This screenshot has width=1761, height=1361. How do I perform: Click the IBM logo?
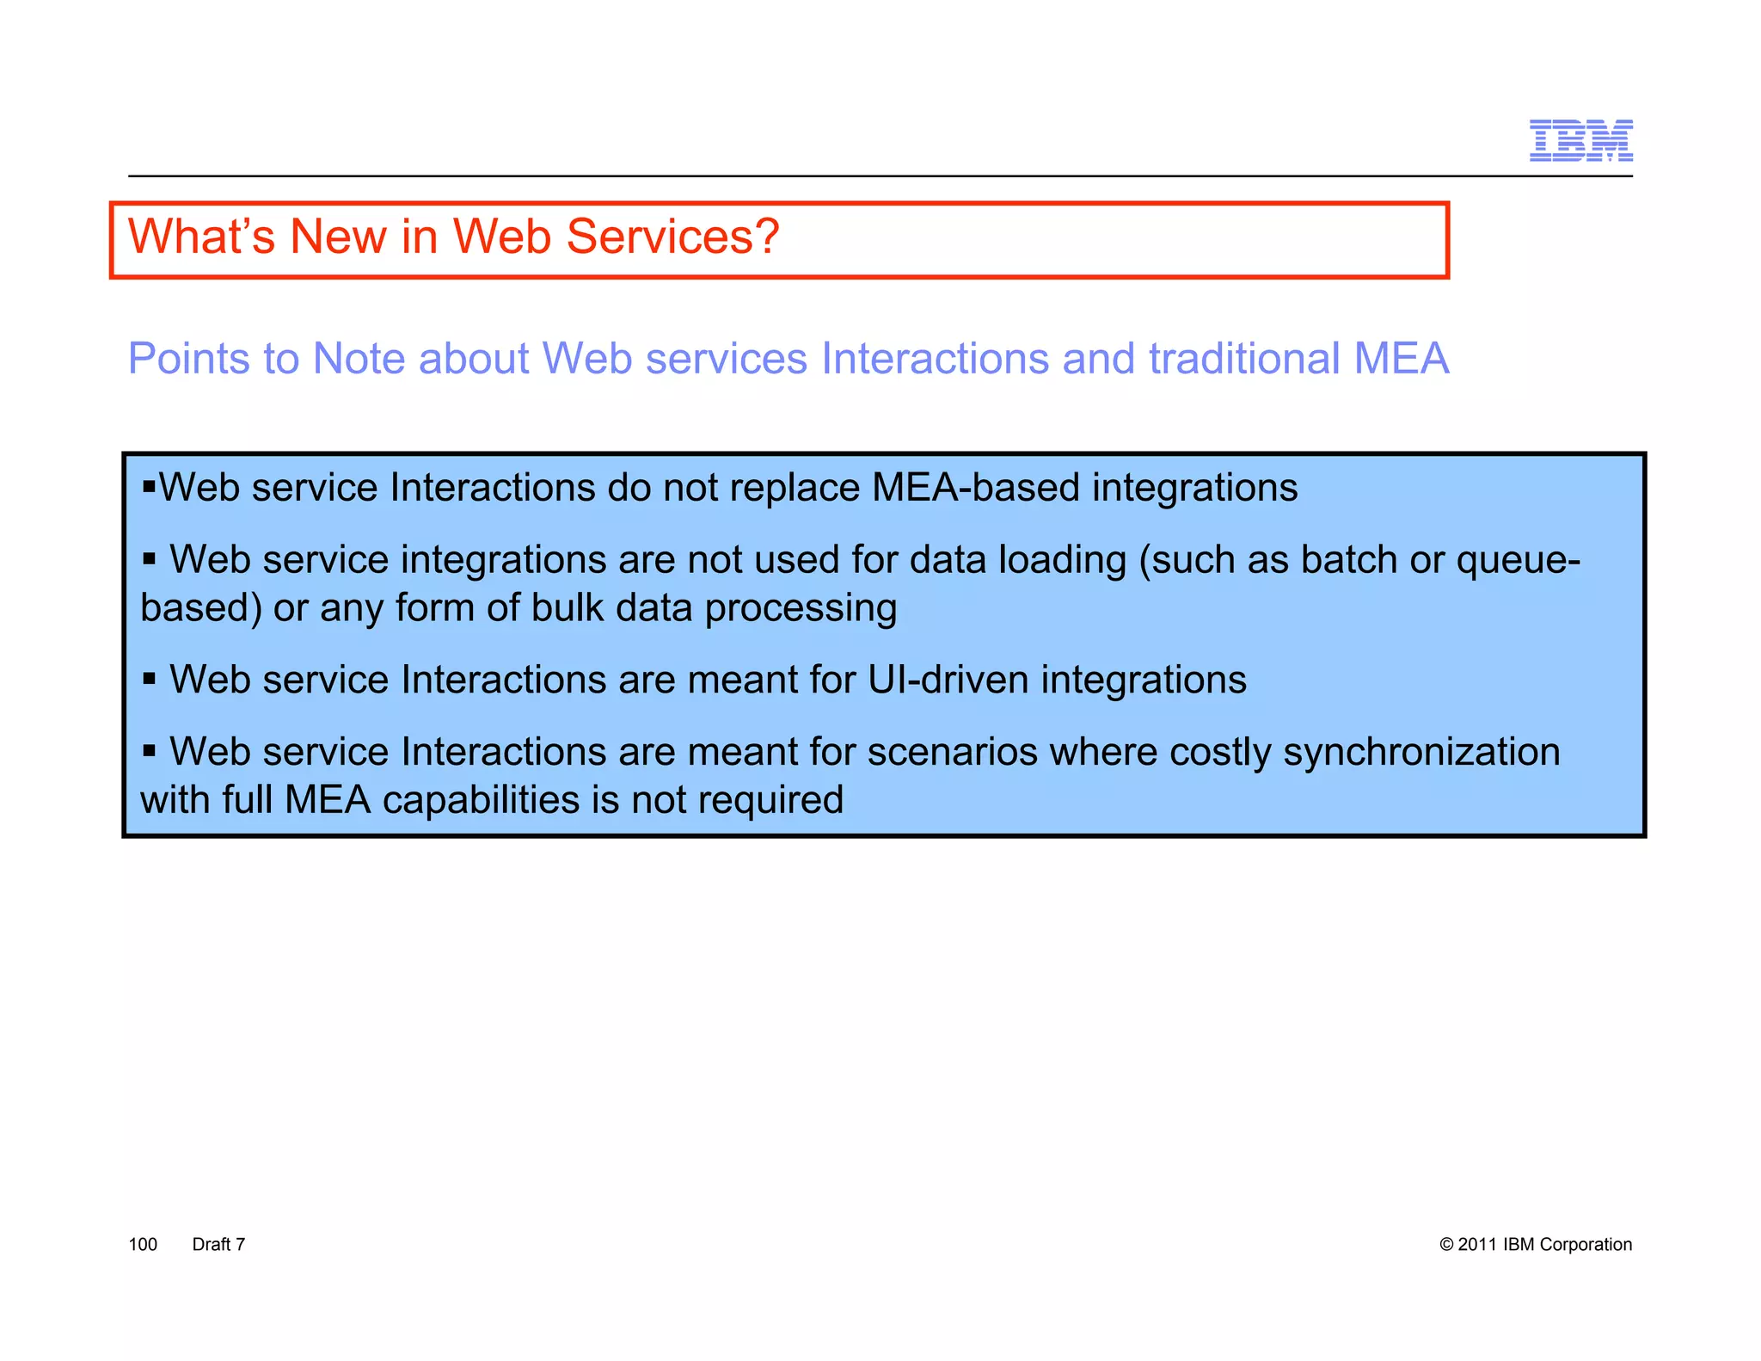[x=1580, y=140]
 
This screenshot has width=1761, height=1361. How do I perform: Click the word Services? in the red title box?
[x=672, y=237]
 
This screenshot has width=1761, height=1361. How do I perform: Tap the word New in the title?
[x=338, y=237]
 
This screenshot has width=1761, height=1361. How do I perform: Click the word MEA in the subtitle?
[x=1401, y=359]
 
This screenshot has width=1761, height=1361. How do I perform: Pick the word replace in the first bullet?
[x=794, y=489]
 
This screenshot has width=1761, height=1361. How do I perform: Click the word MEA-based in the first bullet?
[x=975, y=488]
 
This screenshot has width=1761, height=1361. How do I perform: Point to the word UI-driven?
[x=948, y=680]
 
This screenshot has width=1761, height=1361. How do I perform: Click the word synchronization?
[x=1421, y=752]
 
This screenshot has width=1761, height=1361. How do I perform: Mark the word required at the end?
[x=770, y=801]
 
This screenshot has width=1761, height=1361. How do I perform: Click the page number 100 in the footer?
[x=143, y=1245]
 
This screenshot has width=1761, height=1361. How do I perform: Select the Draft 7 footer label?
[x=218, y=1245]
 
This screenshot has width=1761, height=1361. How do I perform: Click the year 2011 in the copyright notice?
[x=1477, y=1245]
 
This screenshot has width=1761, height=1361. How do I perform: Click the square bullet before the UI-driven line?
[x=150, y=679]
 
